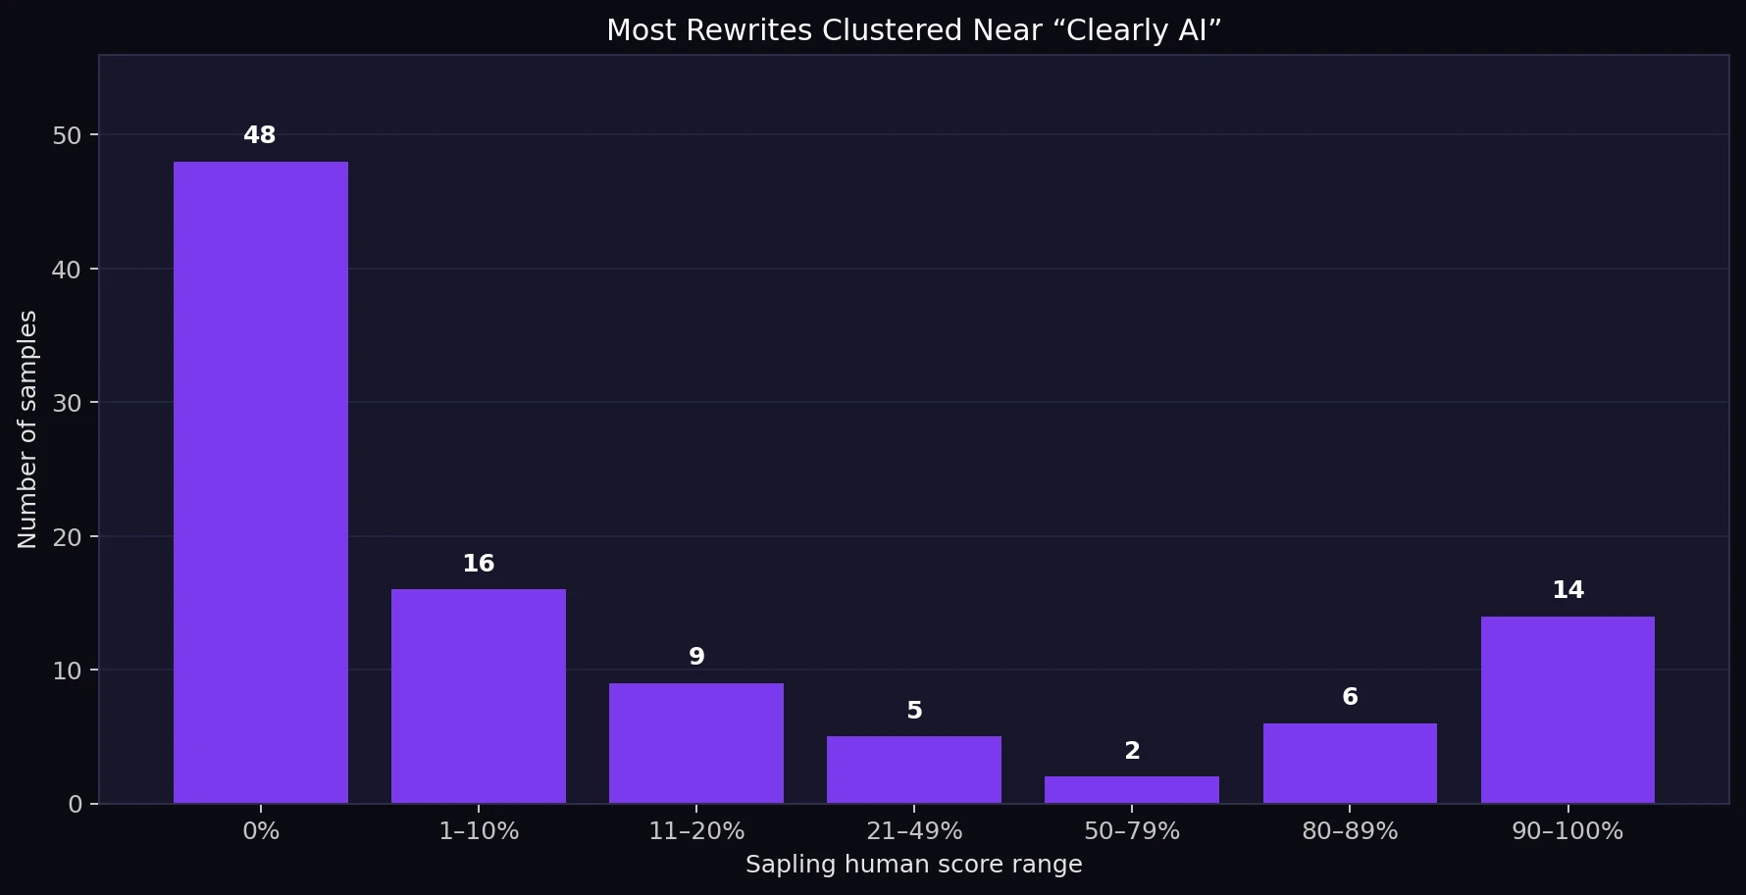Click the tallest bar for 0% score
point(261,482)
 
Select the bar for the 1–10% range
point(479,696)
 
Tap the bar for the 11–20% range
point(696,743)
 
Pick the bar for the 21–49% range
point(914,770)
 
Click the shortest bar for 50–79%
point(1132,790)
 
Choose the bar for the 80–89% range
point(1350,764)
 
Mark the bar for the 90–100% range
point(1567,710)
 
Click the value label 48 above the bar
point(260,135)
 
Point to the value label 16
point(479,564)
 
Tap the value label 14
point(1567,590)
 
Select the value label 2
point(1132,751)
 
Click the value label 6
point(1350,697)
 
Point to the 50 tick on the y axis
point(67,135)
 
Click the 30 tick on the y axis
point(67,403)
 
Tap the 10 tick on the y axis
point(67,671)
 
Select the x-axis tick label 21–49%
point(914,831)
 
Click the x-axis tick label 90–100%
point(1567,831)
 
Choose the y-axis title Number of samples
point(27,429)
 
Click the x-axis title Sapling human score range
point(914,865)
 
